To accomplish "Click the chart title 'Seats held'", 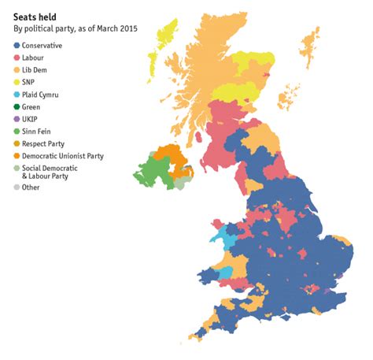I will click(x=35, y=16).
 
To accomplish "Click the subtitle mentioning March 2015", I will click(x=75, y=29).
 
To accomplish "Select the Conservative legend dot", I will click(x=17, y=46).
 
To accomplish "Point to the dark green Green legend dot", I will click(x=17, y=106).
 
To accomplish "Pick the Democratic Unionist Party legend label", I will click(x=63, y=155).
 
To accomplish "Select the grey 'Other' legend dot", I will click(x=17, y=187).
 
